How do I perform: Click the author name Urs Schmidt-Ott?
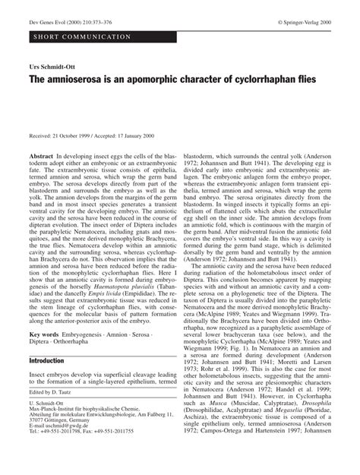52,68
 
